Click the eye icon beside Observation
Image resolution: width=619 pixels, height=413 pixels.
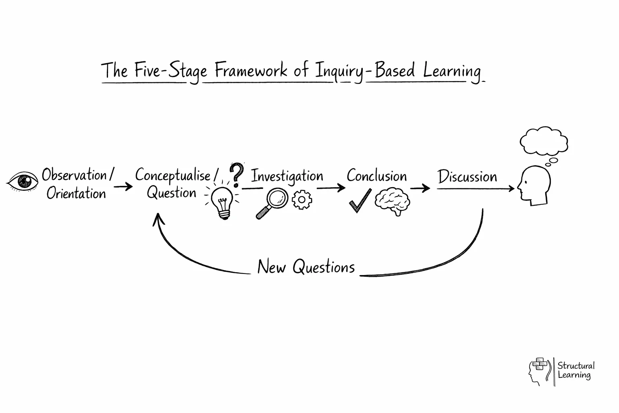[x=23, y=181]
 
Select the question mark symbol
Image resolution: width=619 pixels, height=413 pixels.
[x=237, y=174]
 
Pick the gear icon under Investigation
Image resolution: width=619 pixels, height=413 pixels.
[x=302, y=200]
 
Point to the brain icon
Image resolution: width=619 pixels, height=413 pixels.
[x=393, y=202]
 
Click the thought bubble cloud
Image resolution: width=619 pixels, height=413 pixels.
[x=544, y=142]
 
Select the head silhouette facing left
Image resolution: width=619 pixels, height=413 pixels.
[x=534, y=186]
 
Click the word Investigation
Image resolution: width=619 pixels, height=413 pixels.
[x=287, y=177]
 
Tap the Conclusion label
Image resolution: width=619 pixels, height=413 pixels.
[x=376, y=176]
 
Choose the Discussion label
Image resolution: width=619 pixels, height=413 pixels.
[x=467, y=177]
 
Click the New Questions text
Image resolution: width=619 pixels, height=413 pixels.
[x=306, y=267]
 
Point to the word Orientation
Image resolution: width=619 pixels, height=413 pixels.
[x=76, y=194]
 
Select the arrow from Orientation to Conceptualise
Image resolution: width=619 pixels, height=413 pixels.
[x=123, y=187]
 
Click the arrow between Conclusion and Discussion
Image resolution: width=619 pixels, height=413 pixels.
[x=420, y=188]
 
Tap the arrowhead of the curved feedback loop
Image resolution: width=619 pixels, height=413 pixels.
[x=159, y=219]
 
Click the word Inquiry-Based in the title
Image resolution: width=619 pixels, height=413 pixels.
[x=365, y=71]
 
